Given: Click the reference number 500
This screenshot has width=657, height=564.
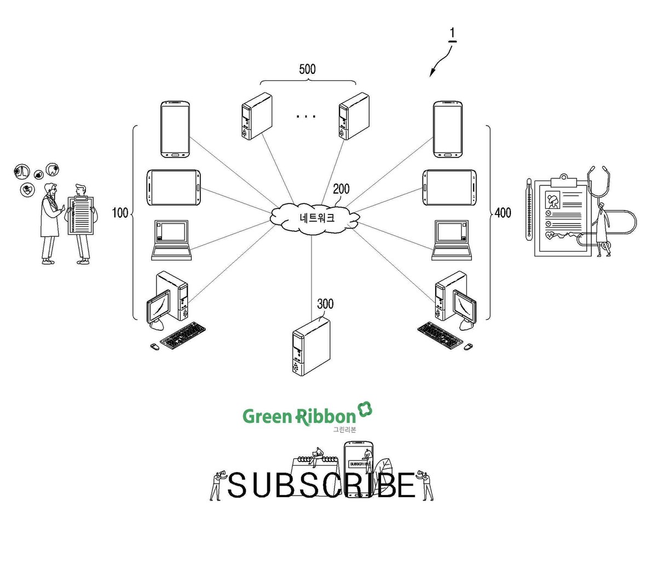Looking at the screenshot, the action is (307, 69).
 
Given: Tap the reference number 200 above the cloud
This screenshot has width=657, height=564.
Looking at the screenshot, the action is (341, 189).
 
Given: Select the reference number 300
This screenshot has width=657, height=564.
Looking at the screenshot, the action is (325, 304).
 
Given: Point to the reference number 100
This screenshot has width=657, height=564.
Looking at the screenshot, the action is (120, 212).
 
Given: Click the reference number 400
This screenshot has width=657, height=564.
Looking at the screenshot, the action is (503, 212).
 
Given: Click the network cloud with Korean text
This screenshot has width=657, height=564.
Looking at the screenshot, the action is (315, 218).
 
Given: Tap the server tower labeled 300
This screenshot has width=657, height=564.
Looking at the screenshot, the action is (311, 347).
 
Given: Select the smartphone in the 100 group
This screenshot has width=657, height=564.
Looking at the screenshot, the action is (175, 130).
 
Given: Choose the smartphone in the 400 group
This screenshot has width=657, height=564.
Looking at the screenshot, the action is (447, 130).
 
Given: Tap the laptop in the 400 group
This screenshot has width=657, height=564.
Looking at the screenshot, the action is (451, 240).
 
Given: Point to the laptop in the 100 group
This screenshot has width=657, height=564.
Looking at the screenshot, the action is (171, 240).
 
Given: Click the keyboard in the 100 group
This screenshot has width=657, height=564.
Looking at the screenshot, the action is (182, 336).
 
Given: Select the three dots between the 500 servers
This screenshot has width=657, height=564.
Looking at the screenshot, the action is (306, 117).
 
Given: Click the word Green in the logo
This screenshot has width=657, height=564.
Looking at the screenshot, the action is (267, 416).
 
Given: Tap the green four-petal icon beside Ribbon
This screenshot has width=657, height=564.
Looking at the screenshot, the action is (365, 409).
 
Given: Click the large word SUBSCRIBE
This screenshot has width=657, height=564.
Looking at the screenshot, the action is (321, 485).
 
